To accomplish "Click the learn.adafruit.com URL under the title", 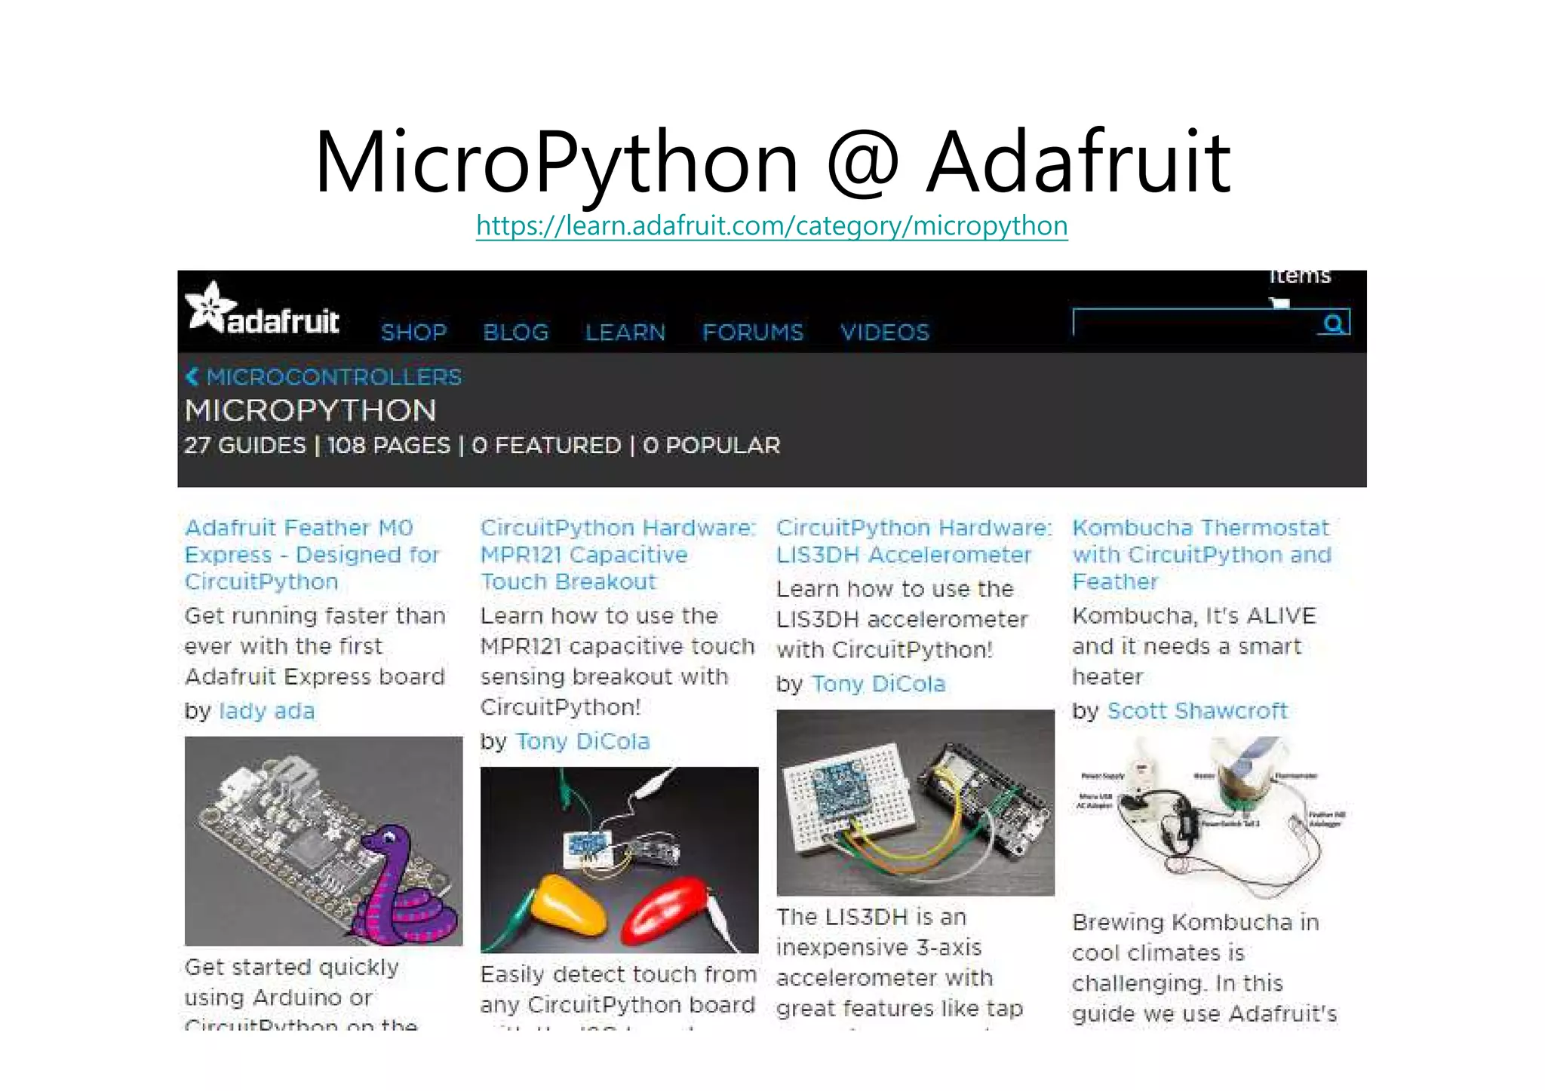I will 772,225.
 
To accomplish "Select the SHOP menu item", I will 413,333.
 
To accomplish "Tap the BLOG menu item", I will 515,333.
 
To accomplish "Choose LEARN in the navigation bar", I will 625,333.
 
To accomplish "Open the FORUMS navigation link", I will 753,333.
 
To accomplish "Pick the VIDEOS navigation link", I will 885,333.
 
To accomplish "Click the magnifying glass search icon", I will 1333,323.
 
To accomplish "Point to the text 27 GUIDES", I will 244,446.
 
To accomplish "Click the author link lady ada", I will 266,711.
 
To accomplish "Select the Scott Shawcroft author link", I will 1197,711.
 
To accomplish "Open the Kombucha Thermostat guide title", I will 1201,554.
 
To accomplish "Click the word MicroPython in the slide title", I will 556,162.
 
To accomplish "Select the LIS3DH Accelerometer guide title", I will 914,541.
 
